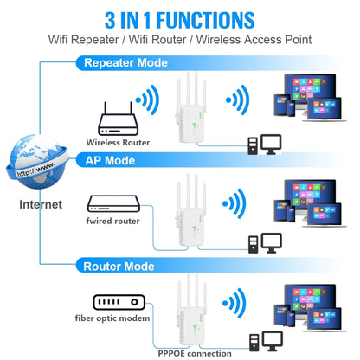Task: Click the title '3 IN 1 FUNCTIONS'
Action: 180,18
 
